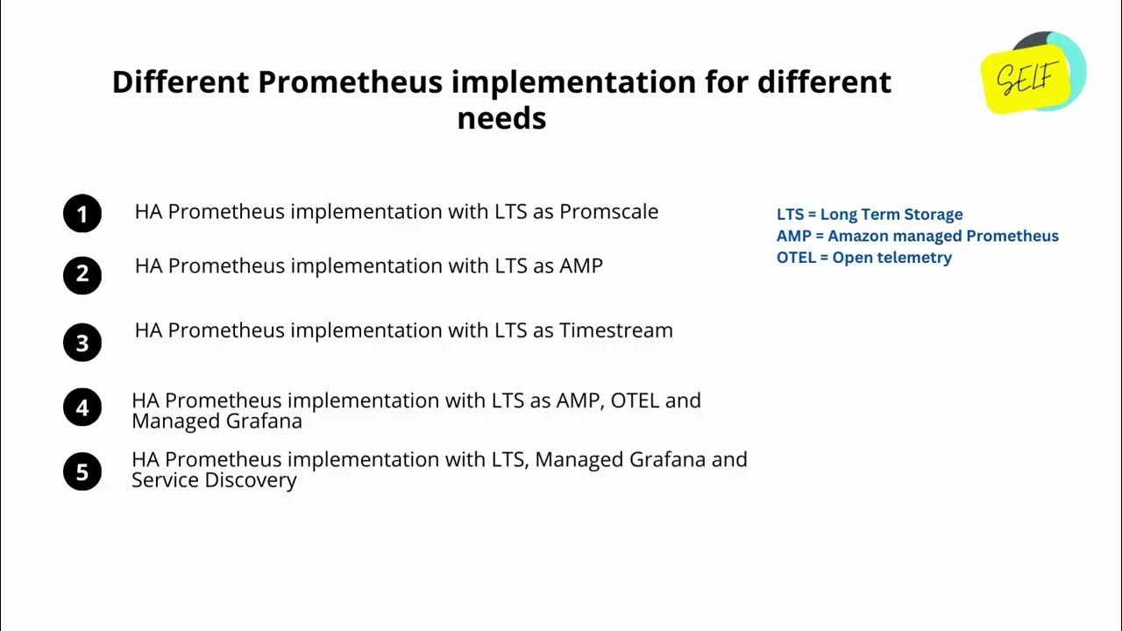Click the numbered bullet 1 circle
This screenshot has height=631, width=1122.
[x=82, y=214]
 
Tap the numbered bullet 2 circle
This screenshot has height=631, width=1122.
[x=82, y=274]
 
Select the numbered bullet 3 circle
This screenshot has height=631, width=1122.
[x=82, y=342]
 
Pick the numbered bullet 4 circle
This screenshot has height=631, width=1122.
[x=82, y=408]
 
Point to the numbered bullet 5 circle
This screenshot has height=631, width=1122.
[x=82, y=471]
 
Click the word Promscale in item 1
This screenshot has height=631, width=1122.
[x=608, y=212]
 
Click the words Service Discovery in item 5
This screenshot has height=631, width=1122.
[x=214, y=480]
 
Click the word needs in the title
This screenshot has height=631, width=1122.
[x=501, y=117]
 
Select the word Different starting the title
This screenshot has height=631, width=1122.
[x=180, y=82]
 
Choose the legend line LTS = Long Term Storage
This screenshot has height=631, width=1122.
[x=869, y=215]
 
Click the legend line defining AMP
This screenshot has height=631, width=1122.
[x=917, y=236]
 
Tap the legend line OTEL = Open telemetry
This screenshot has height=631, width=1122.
[x=863, y=258]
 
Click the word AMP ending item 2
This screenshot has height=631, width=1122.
[x=580, y=266]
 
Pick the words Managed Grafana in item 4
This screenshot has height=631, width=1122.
[x=217, y=422]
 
